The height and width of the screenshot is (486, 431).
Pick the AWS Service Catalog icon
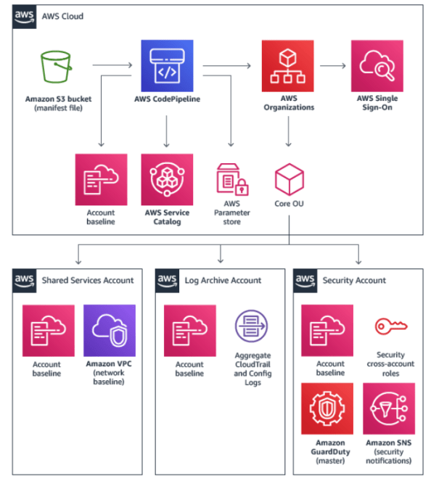point(168,179)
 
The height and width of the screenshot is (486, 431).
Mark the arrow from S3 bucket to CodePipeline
point(110,67)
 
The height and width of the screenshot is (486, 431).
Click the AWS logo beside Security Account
point(305,279)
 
